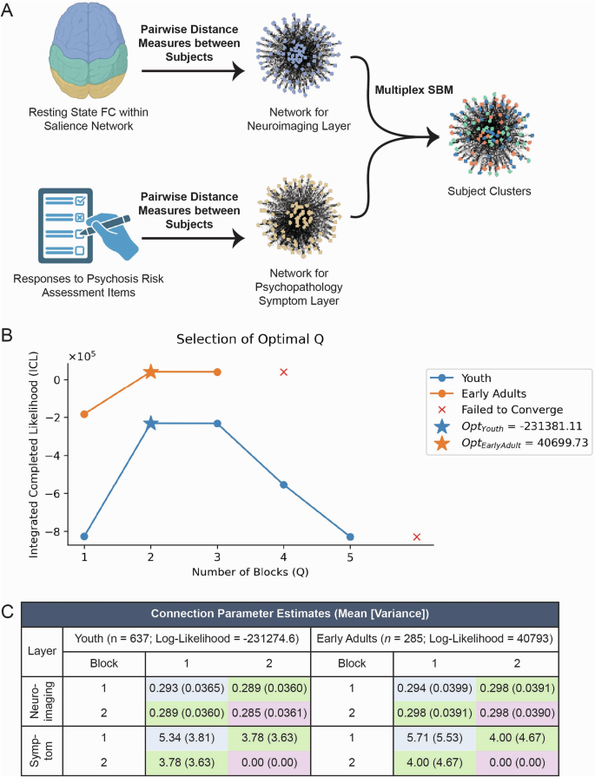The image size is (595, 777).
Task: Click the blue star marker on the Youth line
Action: point(151,423)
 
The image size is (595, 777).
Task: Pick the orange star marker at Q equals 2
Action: point(151,372)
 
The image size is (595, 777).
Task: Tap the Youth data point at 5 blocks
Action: point(350,537)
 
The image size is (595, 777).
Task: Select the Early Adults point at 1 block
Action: point(84,414)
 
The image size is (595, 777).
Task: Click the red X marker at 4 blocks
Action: point(284,372)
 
